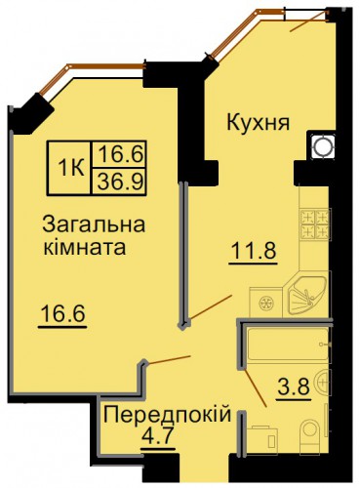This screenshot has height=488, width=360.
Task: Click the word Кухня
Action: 258,123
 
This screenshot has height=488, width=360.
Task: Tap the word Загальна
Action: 94,224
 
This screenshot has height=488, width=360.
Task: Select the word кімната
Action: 85,247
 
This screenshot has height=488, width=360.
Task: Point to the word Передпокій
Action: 167,415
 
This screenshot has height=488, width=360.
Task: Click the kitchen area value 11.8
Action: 254,251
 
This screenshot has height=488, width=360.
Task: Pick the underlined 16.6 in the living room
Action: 62,314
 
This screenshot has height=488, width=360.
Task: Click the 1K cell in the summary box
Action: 70,168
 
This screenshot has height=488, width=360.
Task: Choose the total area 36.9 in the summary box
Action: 120,182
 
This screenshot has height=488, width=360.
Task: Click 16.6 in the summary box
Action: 120,154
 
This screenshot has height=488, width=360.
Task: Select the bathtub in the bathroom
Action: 288,345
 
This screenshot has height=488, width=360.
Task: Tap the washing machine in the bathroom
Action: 262,437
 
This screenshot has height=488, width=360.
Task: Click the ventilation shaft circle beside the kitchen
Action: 322,145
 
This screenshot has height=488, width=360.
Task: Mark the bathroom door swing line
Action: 256,387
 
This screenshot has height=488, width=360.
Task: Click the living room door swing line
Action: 169,359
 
